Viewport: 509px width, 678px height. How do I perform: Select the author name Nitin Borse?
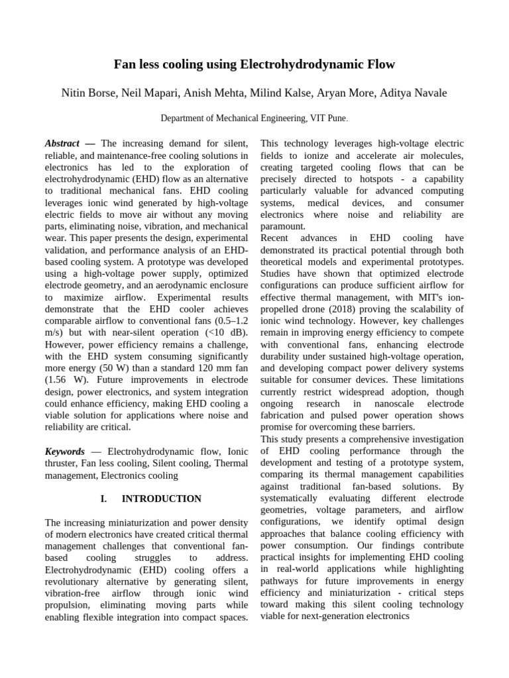(89, 93)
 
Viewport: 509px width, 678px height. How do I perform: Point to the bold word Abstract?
(62, 143)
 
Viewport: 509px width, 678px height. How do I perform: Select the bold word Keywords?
(64, 451)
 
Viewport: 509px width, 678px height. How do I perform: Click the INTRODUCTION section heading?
(162, 499)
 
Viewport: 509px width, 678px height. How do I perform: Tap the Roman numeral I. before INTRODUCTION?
(104, 499)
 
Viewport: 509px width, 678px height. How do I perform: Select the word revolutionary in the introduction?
(76, 582)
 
